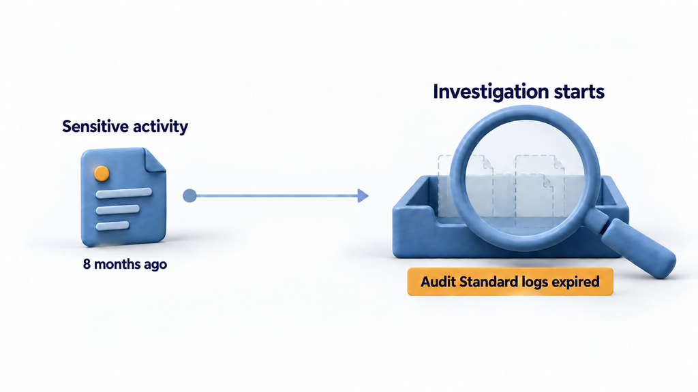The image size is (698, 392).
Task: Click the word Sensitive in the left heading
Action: point(92,126)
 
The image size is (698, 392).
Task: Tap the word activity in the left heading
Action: point(157,127)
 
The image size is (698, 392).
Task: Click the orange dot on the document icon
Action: point(102,174)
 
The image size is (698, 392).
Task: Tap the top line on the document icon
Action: point(124,193)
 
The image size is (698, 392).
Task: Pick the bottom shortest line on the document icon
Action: point(112,226)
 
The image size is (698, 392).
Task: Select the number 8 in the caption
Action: point(87,264)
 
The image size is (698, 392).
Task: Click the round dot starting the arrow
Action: point(189,195)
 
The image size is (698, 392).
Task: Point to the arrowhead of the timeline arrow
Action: point(363,195)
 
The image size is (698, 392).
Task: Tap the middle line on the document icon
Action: point(118,210)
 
